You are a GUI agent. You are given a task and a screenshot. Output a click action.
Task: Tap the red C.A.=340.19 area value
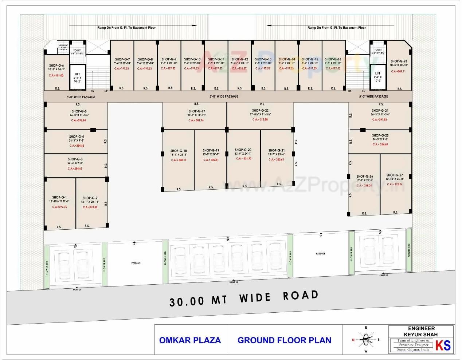(x=179, y=160)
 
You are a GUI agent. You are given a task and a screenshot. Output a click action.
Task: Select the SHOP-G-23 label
(x=399, y=62)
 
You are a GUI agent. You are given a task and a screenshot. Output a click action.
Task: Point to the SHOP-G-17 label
(x=197, y=111)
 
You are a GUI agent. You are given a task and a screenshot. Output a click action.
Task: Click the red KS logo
(x=443, y=345)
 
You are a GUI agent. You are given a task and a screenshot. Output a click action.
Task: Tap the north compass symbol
(x=365, y=340)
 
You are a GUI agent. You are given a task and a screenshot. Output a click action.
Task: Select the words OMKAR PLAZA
(x=190, y=340)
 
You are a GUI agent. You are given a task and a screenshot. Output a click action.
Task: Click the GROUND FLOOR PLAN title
(x=284, y=340)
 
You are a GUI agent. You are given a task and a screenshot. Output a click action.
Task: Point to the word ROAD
(x=301, y=296)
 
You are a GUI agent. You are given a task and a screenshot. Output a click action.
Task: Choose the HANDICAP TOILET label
(x=63, y=47)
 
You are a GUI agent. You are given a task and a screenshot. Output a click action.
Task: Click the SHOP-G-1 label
(x=59, y=197)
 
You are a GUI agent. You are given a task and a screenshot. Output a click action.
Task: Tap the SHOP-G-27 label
(x=395, y=175)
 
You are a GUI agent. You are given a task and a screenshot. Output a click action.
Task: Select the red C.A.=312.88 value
(x=260, y=119)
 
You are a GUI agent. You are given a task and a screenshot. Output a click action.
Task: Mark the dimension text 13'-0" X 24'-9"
(x=211, y=154)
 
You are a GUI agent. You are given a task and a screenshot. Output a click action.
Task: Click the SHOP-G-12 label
(x=240, y=59)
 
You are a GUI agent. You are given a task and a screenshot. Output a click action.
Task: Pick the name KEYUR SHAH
(x=421, y=334)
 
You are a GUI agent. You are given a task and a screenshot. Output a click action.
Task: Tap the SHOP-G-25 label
(x=380, y=135)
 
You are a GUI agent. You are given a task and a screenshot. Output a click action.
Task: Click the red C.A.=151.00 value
(x=56, y=76)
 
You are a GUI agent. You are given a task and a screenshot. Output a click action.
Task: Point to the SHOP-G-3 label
(x=75, y=159)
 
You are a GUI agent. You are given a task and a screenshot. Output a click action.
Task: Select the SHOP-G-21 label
(x=277, y=150)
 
